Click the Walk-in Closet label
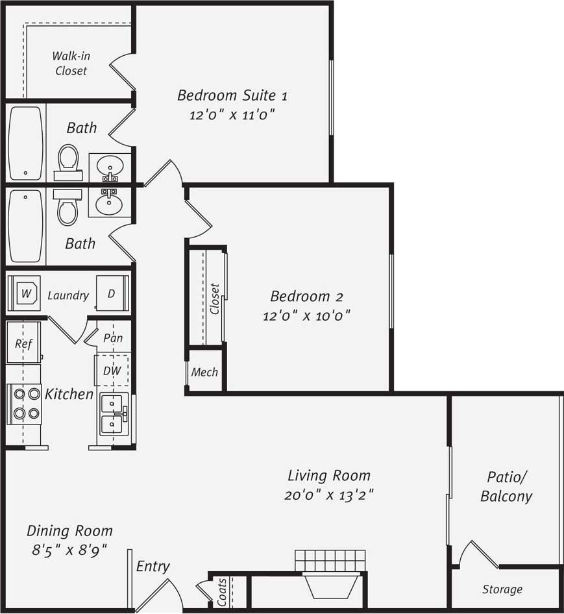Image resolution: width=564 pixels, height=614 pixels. (71, 63)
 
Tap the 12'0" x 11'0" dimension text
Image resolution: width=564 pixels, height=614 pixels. (232, 116)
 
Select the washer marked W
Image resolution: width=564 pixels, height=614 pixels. (26, 293)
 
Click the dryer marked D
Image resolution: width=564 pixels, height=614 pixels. (112, 293)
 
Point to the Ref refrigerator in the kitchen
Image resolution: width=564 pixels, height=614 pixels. (23, 344)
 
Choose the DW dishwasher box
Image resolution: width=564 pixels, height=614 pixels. (112, 371)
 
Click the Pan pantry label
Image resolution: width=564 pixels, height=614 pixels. (112, 338)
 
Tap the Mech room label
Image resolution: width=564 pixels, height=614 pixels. (204, 373)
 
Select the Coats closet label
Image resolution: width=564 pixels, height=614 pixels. (223, 592)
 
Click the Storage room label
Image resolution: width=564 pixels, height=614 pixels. (502, 590)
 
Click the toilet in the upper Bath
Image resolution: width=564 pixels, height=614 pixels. (67, 162)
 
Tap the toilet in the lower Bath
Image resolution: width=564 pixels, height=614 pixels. (67, 207)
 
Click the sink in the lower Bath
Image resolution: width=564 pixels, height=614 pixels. (108, 204)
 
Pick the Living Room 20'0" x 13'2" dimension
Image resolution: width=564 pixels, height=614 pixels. (329, 495)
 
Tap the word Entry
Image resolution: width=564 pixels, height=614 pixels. (153, 567)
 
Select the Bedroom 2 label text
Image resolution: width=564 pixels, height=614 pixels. (306, 297)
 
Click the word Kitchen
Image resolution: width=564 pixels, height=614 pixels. (69, 394)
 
